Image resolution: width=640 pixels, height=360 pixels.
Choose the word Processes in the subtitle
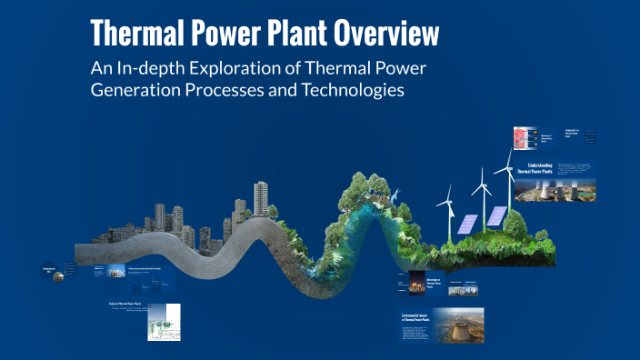[247, 92]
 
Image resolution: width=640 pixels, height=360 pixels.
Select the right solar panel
[496, 216]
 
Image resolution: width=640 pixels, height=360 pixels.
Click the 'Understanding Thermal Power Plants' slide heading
[542, 167]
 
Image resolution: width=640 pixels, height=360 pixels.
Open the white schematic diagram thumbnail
[165, 321]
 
